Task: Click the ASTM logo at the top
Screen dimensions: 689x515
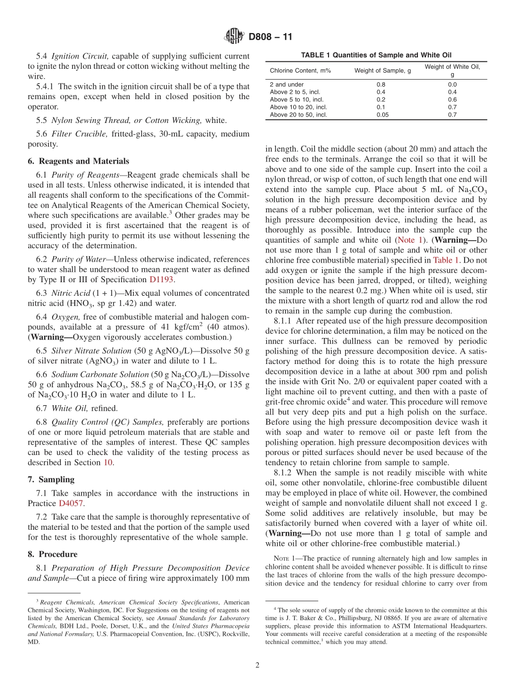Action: click(234, 37)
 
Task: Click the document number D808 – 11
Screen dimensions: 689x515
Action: click(270, 37)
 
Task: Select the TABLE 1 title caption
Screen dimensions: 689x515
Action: click(376, 55)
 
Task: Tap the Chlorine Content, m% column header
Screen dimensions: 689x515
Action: click(300, 70)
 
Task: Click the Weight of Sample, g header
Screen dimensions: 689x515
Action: click(383, 70)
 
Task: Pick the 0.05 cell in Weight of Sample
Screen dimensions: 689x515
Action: click(381, 115)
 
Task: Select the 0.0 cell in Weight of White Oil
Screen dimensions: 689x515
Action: click(452, 84)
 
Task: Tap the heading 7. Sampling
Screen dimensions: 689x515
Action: click(51, 479)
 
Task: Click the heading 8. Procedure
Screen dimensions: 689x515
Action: click(53, 554)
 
